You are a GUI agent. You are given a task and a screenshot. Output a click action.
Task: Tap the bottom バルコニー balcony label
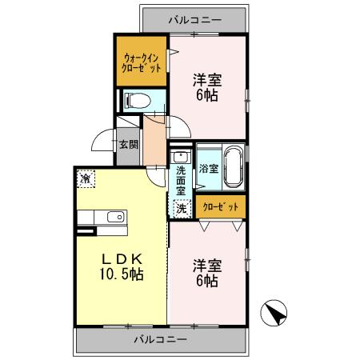(x=160, y=338)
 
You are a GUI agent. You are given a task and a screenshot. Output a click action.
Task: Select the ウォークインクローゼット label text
(x=142, y=62)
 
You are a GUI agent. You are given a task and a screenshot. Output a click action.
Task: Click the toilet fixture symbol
(x=137, y=101)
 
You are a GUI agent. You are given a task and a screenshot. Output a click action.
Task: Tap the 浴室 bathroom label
(x=208, y=169)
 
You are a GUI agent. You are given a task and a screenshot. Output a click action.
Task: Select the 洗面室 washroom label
(x=182, y=181)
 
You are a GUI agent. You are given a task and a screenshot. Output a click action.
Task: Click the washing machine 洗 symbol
(x=182, y=208)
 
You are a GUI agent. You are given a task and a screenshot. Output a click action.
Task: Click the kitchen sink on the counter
(x=113, y=216)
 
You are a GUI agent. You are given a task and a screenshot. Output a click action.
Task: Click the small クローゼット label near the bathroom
(x=222, y=207)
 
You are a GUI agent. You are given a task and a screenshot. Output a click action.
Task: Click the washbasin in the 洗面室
(x=182, y=156)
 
